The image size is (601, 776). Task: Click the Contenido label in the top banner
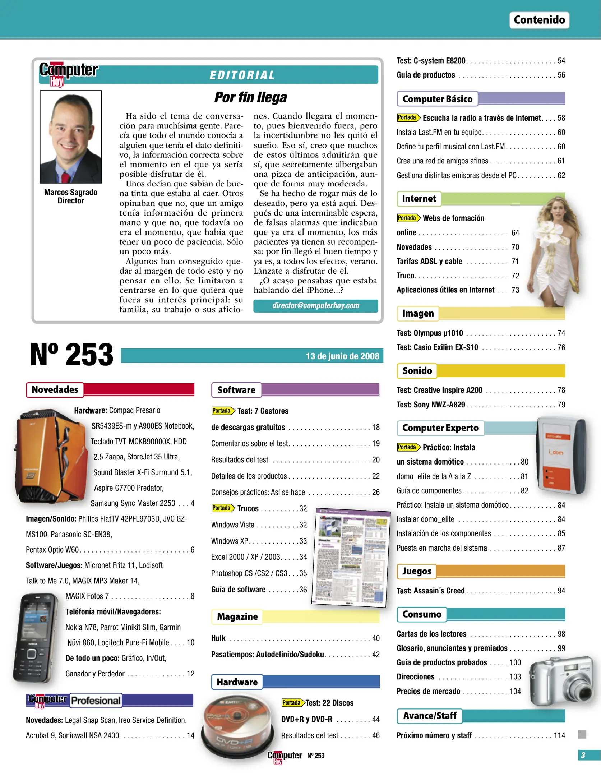point(539,20)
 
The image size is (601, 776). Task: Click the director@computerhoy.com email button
point(315,306)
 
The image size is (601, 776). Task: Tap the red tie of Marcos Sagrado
point(66,177)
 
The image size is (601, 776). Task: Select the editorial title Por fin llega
point(250,97)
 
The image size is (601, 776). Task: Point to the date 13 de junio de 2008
point(342,356)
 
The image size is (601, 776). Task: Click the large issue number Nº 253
point(71,355)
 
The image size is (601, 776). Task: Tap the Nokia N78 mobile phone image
point(35,638)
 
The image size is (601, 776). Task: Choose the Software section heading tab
point(236,390)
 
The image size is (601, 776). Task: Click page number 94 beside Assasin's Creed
point(561,591)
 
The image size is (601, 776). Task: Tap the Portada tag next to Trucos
point(222,508)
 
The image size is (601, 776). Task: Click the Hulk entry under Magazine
point(218,638)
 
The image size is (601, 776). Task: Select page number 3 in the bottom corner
point(583,755)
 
